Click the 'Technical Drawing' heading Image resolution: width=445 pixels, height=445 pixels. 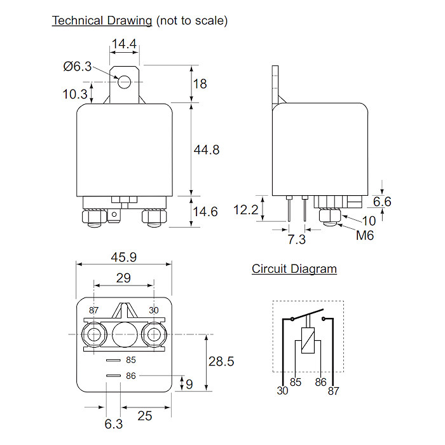[102, 20]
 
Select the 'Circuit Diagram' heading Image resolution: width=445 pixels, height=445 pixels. [294, 269]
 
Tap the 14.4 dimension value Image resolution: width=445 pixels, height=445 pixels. [125, 44]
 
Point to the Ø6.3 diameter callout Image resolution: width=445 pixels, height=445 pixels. [78, 66]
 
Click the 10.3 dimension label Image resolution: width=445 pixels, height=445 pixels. [75, 94]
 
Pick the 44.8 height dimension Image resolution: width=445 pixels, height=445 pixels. [207, 150]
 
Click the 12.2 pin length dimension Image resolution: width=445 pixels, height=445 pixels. [246, 210]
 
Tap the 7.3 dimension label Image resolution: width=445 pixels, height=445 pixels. [296, 239]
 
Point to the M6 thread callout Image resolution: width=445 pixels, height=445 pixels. [366, 235]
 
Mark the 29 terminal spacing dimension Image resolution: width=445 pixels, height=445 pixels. [123, 278]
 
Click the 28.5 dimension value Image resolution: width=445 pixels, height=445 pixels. [221, 361]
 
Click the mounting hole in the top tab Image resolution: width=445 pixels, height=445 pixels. [125, 81]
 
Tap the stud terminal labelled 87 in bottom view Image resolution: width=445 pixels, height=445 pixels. [95, 334]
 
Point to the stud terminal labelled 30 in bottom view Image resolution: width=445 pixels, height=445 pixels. [153, 334]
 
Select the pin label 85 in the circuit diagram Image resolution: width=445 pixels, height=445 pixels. [296, 382]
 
